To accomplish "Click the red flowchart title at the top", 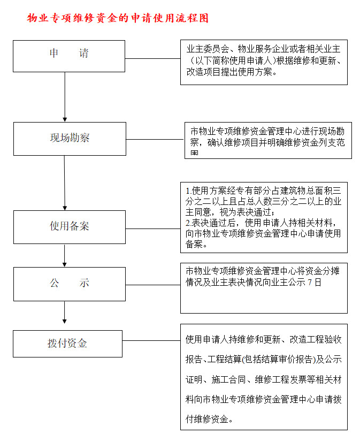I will [118, 18].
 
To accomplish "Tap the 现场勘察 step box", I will [70, 139].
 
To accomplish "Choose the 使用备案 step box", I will [70, 227].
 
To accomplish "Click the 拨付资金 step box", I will [67, 344].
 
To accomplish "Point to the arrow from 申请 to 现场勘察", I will [65, 96].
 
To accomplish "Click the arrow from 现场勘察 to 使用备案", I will [65, 182].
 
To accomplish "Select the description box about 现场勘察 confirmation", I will [268, 140].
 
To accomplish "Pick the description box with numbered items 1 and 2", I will [264, 217].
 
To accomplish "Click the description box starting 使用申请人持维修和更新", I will [264, 377].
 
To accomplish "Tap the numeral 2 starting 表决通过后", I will [188, 222].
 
